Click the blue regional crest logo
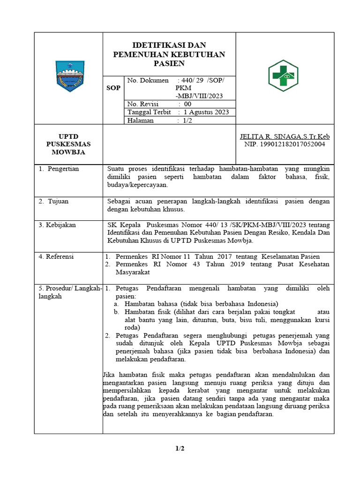[69, 76]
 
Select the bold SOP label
[113, 88]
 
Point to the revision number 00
[188, 104]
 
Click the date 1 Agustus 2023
[207, 112]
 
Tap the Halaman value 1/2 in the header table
[187, 120]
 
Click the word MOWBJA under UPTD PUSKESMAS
[69, 152]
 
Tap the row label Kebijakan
[61, 225]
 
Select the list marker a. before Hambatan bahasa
[115, 303]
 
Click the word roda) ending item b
[126, 328]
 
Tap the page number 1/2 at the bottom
[180, 449]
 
